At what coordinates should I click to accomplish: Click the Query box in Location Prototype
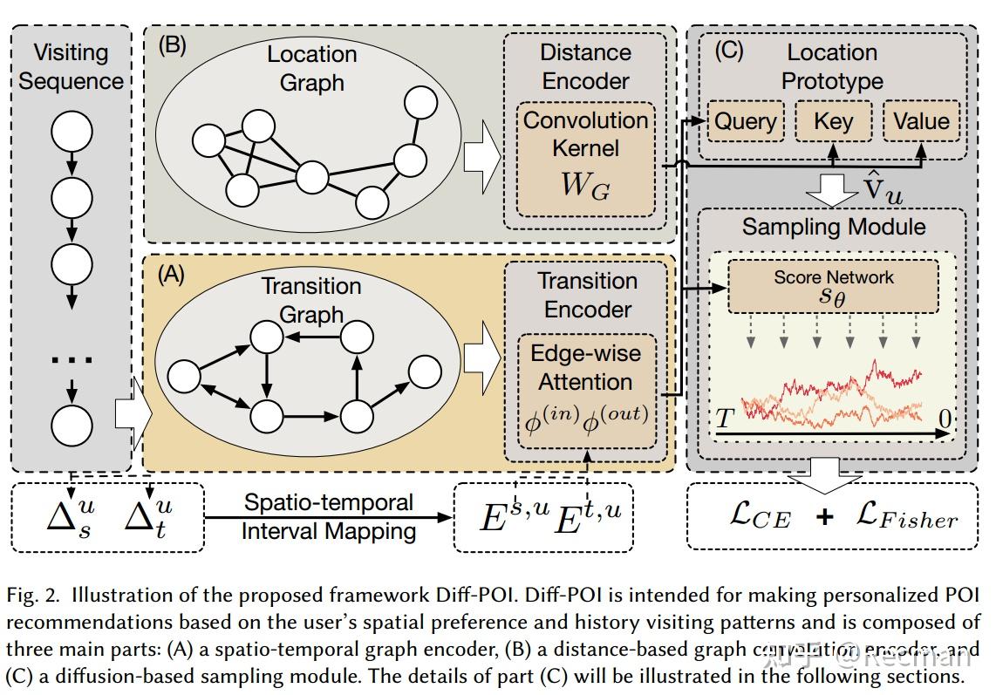click(745, 121)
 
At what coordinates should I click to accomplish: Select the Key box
click(833, 121)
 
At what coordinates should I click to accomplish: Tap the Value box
click(921, 121)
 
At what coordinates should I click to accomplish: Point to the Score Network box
click(833, 286)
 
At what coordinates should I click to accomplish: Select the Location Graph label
click(311, 68)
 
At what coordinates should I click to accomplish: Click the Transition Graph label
click(311, 299)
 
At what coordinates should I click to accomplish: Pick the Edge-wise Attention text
click(585, 367)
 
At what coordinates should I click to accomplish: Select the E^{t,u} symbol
click(589, 516)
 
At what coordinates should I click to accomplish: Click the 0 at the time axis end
click(945, 419)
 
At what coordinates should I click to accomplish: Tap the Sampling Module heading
click(833, 227)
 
